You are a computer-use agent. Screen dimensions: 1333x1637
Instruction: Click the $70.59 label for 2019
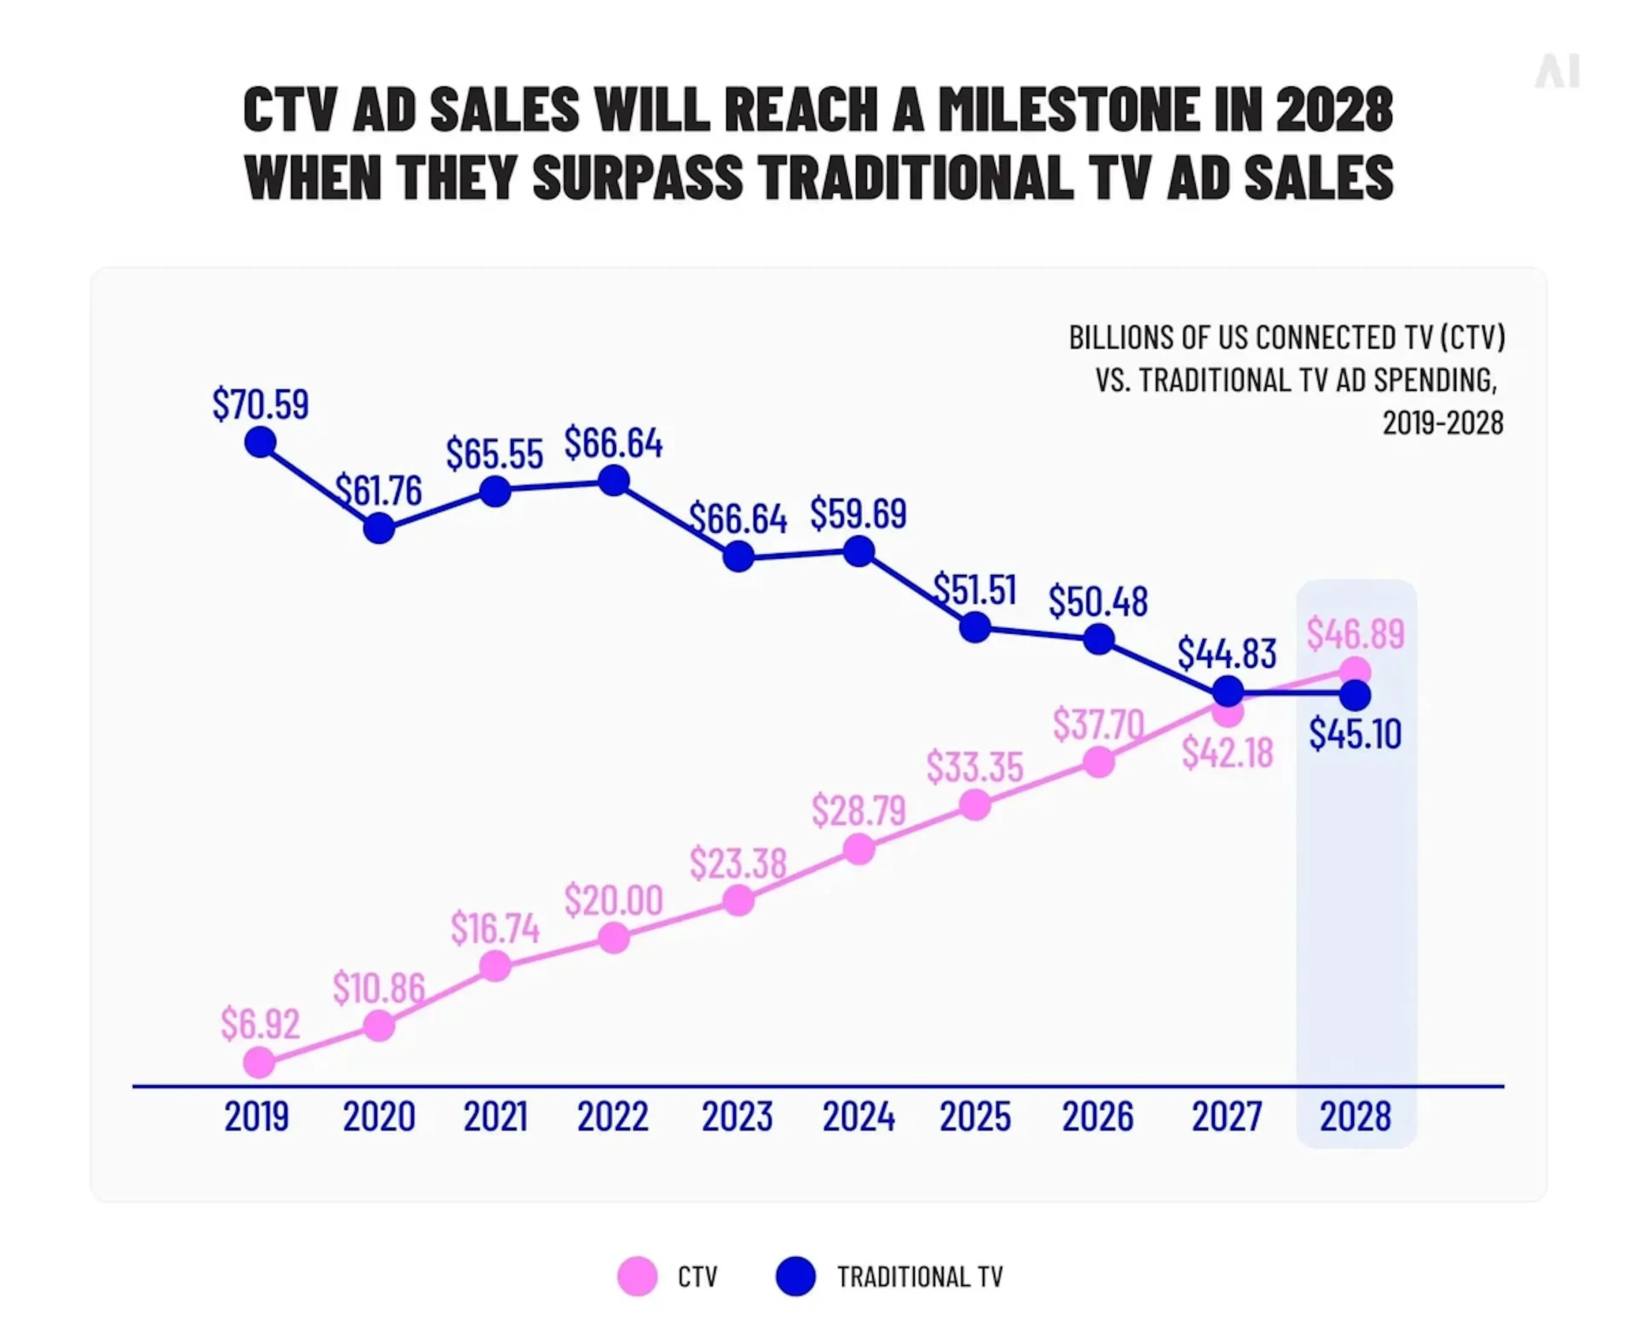[x=260, y=404]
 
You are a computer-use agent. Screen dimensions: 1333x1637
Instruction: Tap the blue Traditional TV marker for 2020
[x=379, y=528]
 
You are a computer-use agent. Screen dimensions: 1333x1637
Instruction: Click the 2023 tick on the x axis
[x=737, y=1116]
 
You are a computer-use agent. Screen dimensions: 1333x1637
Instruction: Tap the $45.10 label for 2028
[x=1354, y=733]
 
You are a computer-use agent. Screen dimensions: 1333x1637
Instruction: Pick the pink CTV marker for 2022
[x=613, y=938]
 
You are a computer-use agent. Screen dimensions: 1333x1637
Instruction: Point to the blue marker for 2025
[x=975, y=627]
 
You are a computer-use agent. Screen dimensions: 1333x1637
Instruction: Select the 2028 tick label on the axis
[x=1354, y=1116]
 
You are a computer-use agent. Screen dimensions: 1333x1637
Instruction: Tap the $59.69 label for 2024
[x=858, y=514]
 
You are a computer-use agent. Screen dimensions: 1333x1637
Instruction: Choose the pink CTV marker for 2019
[x=259, y=1063]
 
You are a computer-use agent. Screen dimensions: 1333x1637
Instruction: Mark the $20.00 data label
[x=613, y=900]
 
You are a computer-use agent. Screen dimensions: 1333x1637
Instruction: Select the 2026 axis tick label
[x=1097, y=1116]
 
